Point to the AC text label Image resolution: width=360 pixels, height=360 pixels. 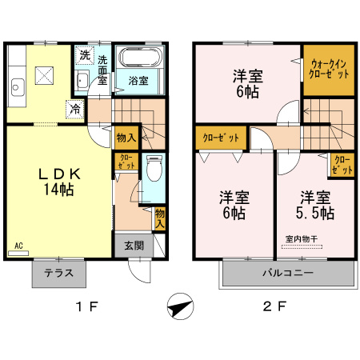tap(17, 246)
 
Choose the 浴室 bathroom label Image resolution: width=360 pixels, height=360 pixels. tap(139, 81)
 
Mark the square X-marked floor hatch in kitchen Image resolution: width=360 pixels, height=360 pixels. tap(45, 77)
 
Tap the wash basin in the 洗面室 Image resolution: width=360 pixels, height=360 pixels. tap(82, 80)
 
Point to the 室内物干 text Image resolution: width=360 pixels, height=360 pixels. tap(301, 238)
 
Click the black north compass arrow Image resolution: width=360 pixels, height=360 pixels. tap(181, 307)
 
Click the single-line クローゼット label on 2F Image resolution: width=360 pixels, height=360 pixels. tap(220, 138)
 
